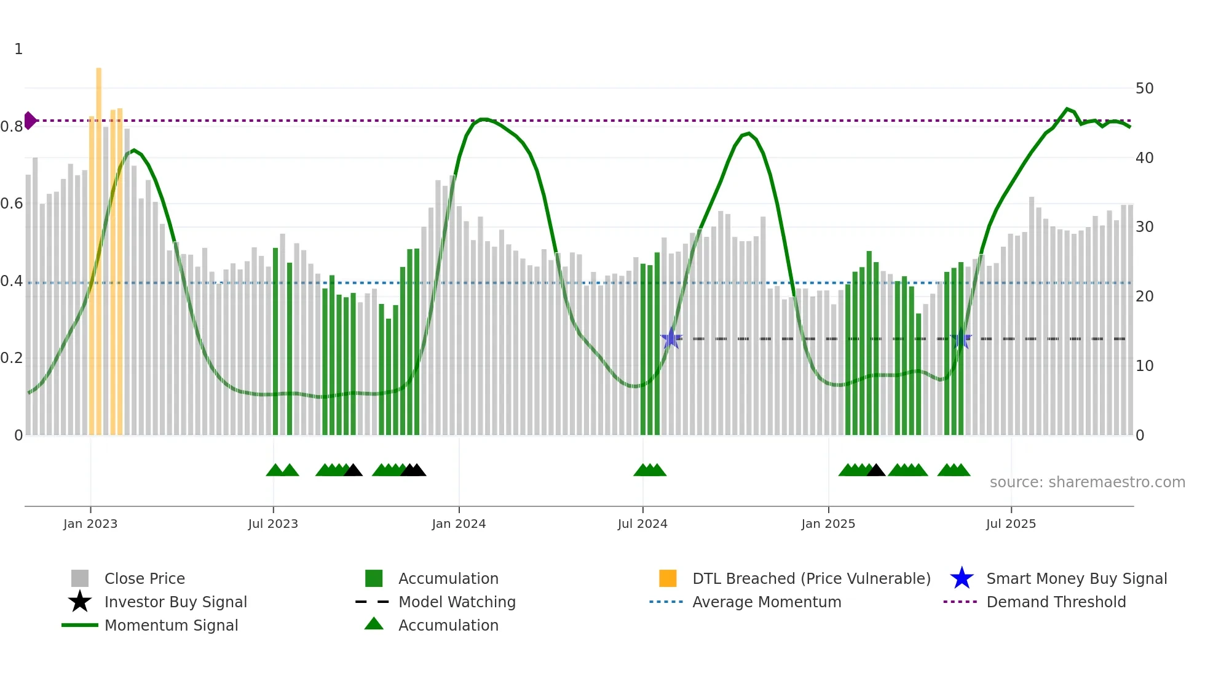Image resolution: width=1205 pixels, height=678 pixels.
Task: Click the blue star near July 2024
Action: [x=671, y=338]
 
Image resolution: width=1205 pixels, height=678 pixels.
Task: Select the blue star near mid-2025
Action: [x=960, y=338]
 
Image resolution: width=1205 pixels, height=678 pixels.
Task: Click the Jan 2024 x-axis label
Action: [x=459, y=524]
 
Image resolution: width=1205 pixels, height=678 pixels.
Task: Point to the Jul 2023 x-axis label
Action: [x=273, y=524]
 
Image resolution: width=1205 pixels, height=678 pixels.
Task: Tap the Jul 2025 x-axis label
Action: [x=1011, y=524]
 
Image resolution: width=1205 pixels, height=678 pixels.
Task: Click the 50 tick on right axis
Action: [x=1144, y=89]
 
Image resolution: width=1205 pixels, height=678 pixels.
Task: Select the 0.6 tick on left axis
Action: [x=12, y=204]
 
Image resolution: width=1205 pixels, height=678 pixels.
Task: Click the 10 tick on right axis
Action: [x=1144, y=366]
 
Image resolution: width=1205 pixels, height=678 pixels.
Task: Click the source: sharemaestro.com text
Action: [x=1087, y=482]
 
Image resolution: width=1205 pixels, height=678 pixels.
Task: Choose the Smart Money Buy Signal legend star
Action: [x=962, y=578]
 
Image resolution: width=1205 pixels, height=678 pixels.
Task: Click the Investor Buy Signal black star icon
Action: [x=80, y=602]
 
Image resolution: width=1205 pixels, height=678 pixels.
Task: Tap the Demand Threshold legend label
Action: [x=1056, y=602]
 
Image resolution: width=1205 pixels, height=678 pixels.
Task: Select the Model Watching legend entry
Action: [x=456, y=602]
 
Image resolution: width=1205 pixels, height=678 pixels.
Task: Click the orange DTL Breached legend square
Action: [x=668, y=578]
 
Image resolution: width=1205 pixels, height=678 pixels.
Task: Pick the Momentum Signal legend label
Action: [x=171, y=625]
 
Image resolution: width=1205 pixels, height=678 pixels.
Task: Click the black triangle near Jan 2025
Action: [x=875, y=471]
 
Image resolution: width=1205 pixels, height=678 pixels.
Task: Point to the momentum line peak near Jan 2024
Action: [x=484, y=119]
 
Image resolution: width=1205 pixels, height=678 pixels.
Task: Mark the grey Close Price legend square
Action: [x=80, y=578]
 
